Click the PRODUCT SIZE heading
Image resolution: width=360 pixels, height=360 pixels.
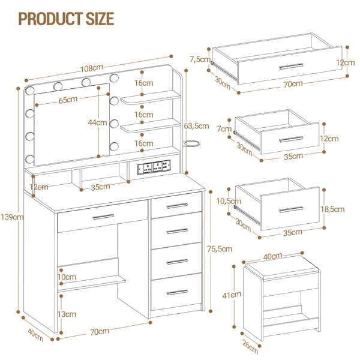click(x=66, y=19)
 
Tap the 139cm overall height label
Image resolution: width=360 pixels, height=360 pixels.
click(x=12, y=217)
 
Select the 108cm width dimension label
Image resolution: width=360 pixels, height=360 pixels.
click(x=92, y=68)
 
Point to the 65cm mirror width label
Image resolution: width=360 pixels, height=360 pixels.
click(x=68, y=100)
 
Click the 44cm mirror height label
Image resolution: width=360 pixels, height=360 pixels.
click(x=98, y=122)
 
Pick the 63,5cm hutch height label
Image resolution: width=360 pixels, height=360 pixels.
click(x=196, y=126)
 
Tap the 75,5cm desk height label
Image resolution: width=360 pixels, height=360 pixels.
click(x=220, y=249)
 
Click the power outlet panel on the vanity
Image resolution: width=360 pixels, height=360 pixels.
click(x=154, y=167)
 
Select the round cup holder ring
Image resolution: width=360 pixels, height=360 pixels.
click(x=192, y=144)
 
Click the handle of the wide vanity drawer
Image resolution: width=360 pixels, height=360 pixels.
click(x=103, y=217)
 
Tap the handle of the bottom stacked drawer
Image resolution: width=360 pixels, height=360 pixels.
click(x=177, y=293)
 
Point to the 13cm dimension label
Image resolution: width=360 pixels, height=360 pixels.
click(x=67, y=314)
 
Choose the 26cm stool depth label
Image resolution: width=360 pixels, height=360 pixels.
click(x=250, y=347)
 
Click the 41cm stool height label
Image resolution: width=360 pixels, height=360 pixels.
click(x=232, y=295)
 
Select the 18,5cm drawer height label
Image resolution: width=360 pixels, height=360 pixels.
click(x=332, y=209)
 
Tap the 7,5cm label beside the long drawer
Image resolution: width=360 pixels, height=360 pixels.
click(x=200, y=59)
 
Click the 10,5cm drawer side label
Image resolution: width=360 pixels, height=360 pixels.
click(x=229, y=202)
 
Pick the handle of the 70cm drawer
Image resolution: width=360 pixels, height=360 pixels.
click(x=291, y=67)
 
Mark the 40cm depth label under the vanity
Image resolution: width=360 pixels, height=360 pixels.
click(x=35, y=335)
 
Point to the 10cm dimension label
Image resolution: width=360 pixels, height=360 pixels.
click(x=67, y=277)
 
